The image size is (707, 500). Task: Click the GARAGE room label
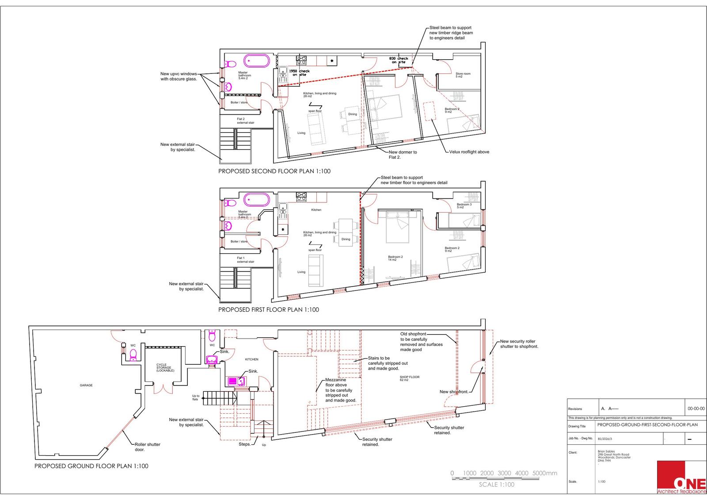[x=86, y=385]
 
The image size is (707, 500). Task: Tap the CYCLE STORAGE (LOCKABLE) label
[x=165, y=368]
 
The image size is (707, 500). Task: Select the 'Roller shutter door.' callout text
[x=148, y=447]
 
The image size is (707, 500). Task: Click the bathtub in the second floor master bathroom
[x=256, y=61]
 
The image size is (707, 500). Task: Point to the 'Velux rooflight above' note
[x=469, y=152]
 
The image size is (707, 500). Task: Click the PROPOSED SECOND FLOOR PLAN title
[x=274, y=171]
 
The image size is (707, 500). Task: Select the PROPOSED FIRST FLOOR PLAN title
[x=269, y=310]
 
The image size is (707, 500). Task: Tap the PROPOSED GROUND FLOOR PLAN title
[x=91, y=466]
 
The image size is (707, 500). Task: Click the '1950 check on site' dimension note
[x=299, y=73]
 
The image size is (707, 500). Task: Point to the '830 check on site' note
[x=399, y=60]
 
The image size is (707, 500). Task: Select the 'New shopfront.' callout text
[x=454, y=392]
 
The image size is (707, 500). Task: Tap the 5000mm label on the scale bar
[x=545, y=473]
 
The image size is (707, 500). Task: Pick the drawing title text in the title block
[x=647, y=425]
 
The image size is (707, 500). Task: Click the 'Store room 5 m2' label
[x=463, y=75]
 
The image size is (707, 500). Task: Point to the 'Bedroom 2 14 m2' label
[x=395, y=258]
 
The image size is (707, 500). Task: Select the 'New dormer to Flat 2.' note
[x=403, y=154]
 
